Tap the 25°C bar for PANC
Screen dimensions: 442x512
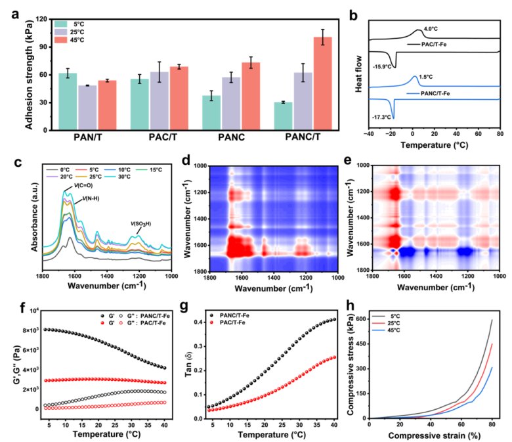tap(231, 103)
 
